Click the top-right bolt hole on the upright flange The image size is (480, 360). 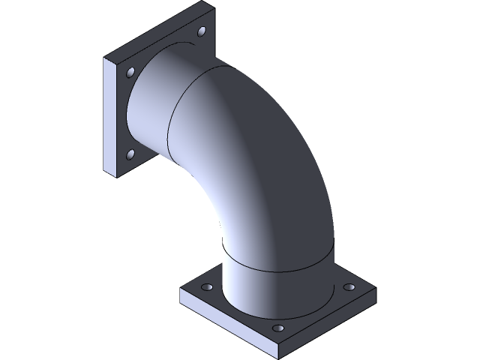click(202, 31)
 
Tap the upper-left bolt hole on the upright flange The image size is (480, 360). click(131, 73)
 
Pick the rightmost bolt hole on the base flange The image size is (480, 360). click(348, 287)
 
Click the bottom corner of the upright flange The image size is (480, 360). click(115, 177)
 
